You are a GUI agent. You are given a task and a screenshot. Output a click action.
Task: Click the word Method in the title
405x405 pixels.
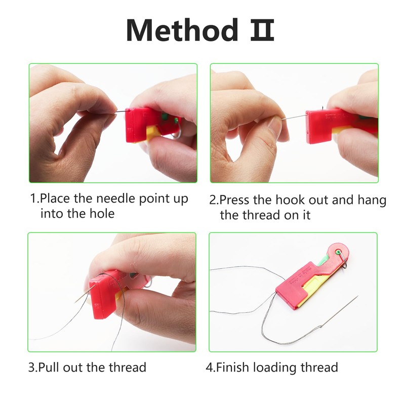(x=181, y=30)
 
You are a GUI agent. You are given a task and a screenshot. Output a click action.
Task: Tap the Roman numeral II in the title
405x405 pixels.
(x=262, y=30)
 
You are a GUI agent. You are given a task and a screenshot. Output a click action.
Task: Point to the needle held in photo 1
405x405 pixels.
(x=120, y=114)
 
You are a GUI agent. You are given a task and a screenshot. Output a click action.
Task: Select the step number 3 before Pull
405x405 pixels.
(x=31, y=367)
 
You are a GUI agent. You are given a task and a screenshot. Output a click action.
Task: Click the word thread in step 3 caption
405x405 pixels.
(x=128, y=367)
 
